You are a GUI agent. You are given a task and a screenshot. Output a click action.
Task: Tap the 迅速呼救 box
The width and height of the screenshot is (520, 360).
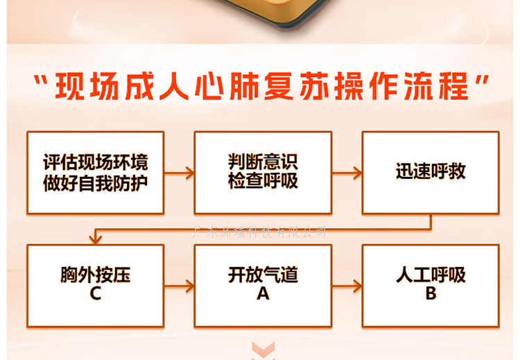(431, 173)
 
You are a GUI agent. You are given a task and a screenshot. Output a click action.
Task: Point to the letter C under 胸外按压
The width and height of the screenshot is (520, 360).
(96, 293)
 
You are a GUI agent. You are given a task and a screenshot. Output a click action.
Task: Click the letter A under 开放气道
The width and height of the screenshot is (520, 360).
(263, 293)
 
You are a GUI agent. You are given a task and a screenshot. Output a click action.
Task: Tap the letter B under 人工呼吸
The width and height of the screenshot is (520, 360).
(431, 293)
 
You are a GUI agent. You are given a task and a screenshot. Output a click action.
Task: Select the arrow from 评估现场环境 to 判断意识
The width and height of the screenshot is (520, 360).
(179, 173)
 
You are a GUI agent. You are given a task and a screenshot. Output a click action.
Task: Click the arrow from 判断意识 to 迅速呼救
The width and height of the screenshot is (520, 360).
(347, 173)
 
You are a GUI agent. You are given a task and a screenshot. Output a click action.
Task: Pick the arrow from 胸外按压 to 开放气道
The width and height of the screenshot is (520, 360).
(179, 285)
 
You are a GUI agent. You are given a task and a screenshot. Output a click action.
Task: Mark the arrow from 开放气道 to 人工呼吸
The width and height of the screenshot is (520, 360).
(347, 285)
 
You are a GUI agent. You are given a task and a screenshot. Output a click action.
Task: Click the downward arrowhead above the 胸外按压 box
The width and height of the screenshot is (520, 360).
(95, 238)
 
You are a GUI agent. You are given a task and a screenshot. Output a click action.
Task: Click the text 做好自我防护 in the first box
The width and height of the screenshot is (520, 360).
(96, 182)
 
